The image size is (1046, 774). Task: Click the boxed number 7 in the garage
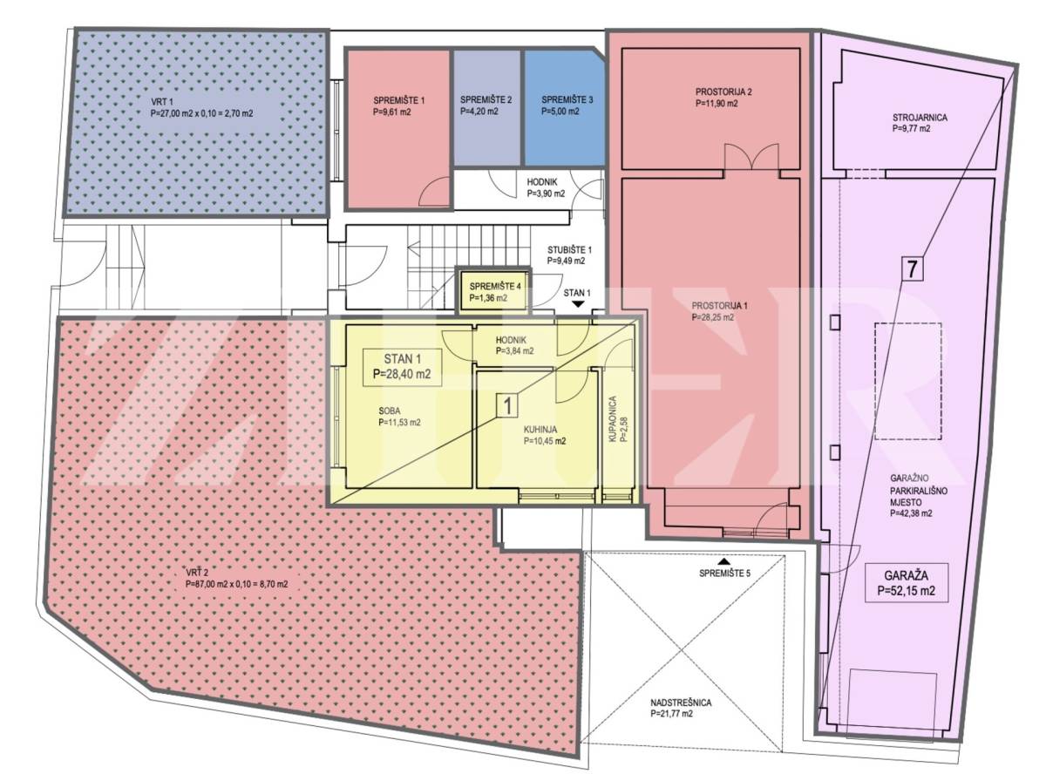tap(912, 268)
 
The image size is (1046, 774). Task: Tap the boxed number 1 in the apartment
tap(507, 405)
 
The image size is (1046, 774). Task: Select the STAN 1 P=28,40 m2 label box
tap(402, 368)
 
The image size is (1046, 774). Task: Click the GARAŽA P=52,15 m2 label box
tap(906, 583)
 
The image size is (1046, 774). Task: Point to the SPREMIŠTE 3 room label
tap(567, 105)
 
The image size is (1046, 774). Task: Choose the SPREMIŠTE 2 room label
tap(486, 105)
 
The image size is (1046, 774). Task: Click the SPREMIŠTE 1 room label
tap(399, 106)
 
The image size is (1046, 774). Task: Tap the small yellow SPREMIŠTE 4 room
tap(493, 290)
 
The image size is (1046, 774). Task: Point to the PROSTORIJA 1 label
tap(719, 311)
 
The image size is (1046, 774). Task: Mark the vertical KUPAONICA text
tap(618, 419)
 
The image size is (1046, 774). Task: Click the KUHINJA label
tap(545, 435)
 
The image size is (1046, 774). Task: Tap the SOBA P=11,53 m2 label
tap(399, 417)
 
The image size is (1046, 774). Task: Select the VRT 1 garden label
tap(202, 107)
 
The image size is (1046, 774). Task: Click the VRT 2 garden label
tap(237, 578)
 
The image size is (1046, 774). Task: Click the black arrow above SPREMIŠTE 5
tap(724, 561)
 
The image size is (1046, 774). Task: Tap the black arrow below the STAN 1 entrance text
tap(578, 305)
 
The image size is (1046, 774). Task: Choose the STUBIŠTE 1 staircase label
tap(569, 255)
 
